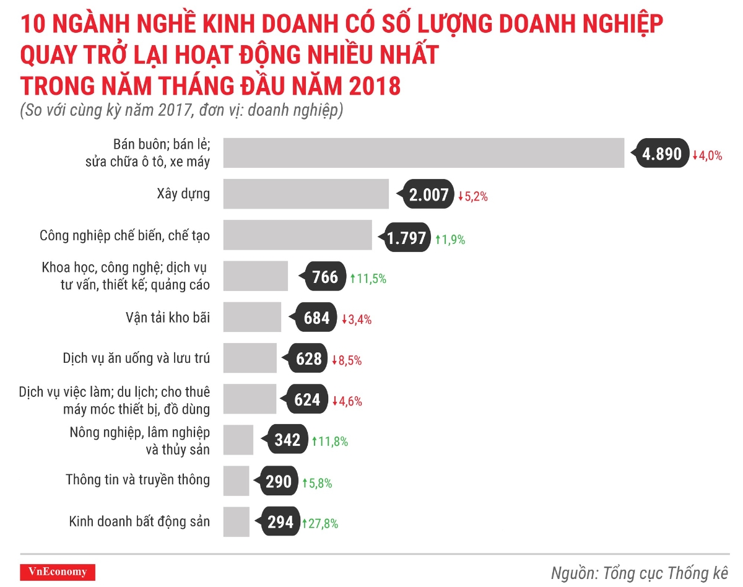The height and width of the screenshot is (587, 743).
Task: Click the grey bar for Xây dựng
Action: coord(306,194)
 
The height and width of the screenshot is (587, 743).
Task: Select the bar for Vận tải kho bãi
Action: coord(252,317)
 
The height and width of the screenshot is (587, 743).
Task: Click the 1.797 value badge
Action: coord(407,238)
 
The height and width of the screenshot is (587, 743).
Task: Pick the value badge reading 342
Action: coord(287,440)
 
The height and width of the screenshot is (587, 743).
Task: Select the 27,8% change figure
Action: coord(320,523)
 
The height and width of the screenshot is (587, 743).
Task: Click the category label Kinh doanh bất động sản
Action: coord(139,521)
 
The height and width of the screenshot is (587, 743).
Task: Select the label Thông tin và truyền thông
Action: coord(137,479)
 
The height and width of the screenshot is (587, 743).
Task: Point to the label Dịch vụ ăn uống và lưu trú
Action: coord(136,358)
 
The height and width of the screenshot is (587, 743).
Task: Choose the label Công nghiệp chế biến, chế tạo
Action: coord(124,235)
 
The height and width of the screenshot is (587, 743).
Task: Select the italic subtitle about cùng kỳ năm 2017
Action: coord(181,111)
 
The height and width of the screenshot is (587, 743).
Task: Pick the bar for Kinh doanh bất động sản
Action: coord(236,522)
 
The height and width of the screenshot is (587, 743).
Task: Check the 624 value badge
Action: coord(307,400)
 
